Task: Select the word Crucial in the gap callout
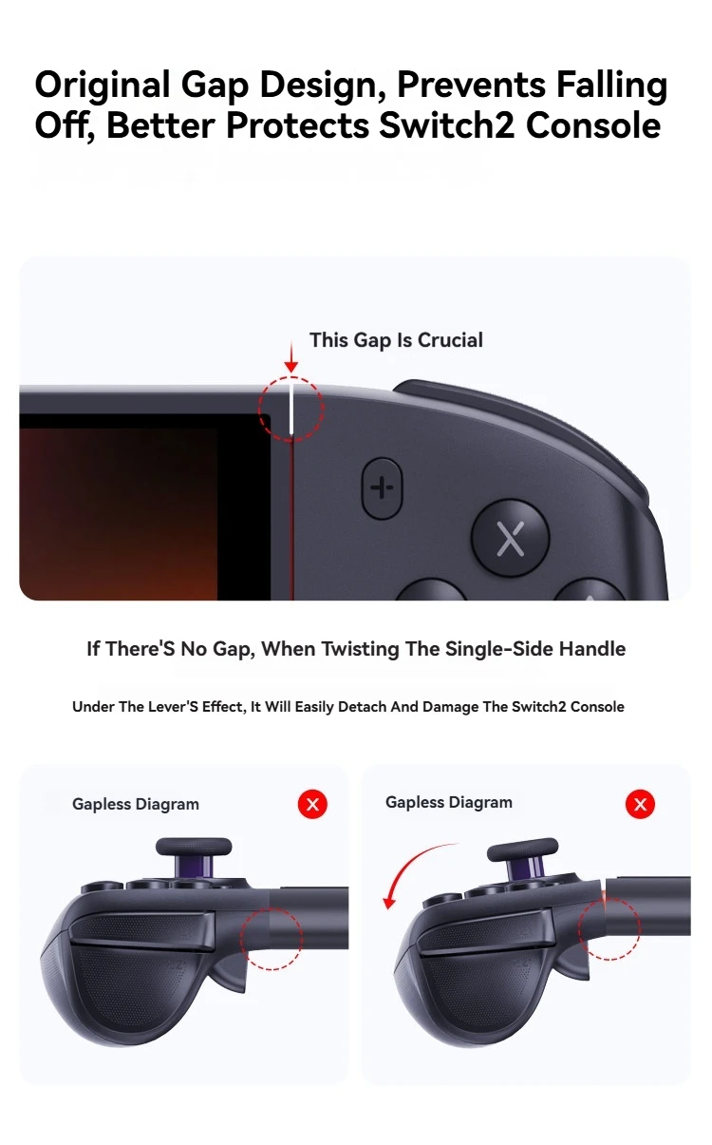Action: (x=450, y=340)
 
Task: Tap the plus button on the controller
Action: (x=382, y=488)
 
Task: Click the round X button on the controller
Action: (x=510, y=538)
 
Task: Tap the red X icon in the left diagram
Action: (x=312, y=805)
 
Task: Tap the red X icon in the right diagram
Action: (x=640, y=805)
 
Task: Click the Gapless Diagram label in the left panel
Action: (x=136, y=805)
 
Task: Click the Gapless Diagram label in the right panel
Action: (x=449, y=803)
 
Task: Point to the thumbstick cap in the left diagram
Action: (x=194, y=846)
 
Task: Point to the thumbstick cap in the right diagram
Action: (x=522, y=850)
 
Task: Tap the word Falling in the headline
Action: (x=612, y=85)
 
